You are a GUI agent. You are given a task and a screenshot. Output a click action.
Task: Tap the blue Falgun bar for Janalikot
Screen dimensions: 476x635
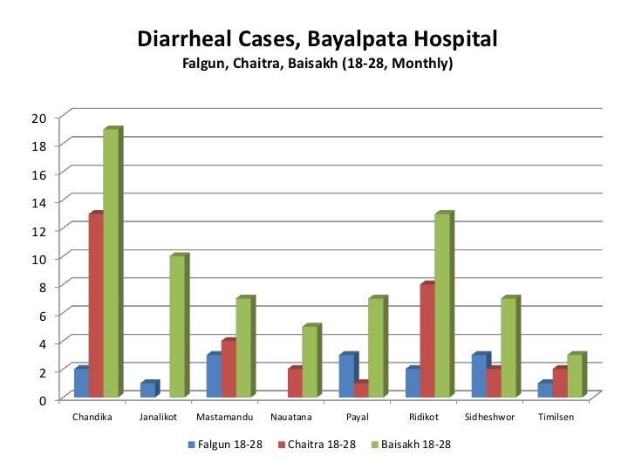147,390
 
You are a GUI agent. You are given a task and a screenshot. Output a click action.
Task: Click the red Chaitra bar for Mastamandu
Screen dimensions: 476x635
229,369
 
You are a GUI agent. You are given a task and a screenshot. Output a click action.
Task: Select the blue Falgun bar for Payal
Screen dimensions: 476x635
346,376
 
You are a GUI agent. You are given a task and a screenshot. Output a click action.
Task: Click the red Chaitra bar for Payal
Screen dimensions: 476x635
361,390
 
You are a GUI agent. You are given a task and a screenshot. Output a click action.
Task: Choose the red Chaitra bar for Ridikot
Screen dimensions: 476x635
427,341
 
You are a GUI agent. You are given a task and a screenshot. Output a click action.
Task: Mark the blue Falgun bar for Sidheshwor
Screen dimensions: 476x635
479,376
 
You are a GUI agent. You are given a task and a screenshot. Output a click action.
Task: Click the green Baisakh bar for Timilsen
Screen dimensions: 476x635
575,376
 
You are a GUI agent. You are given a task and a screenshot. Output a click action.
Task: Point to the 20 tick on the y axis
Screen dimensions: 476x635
41,118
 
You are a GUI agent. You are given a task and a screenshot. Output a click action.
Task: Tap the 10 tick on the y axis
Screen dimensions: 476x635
41,258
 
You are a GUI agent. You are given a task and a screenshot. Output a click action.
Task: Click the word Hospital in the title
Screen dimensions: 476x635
444,39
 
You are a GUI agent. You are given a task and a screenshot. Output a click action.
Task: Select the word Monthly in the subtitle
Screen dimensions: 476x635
422,64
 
